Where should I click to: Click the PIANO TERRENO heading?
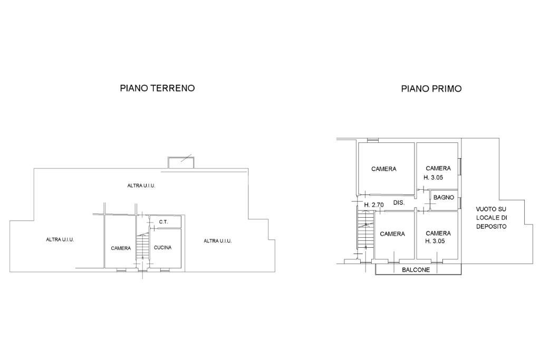tap(157, 88)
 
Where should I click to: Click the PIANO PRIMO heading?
tap(431, 89)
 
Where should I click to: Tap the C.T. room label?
tap(163, 222)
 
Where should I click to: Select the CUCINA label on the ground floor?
tap(163, 247)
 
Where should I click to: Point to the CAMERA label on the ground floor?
tap(121, 248)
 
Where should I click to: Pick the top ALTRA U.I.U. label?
tap(141, 186)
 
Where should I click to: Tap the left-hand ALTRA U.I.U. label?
tap(60, 239)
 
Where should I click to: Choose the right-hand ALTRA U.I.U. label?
tap(218, 241)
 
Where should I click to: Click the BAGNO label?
tap(443, 198)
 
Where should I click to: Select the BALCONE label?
tap(416, 270)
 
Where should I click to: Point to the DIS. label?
tap(399, 202)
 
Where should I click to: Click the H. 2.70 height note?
tap(374, 204)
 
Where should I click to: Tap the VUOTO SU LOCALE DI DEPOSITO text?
tap(490, 217)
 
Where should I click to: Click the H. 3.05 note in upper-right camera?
tap(438, 177)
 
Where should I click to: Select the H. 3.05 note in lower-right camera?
tap(438, 241)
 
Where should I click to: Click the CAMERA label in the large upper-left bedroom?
tap(383, 169)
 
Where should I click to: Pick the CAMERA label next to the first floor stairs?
tap(392, 234)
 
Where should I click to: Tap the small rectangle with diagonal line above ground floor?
tap(181, 162)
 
